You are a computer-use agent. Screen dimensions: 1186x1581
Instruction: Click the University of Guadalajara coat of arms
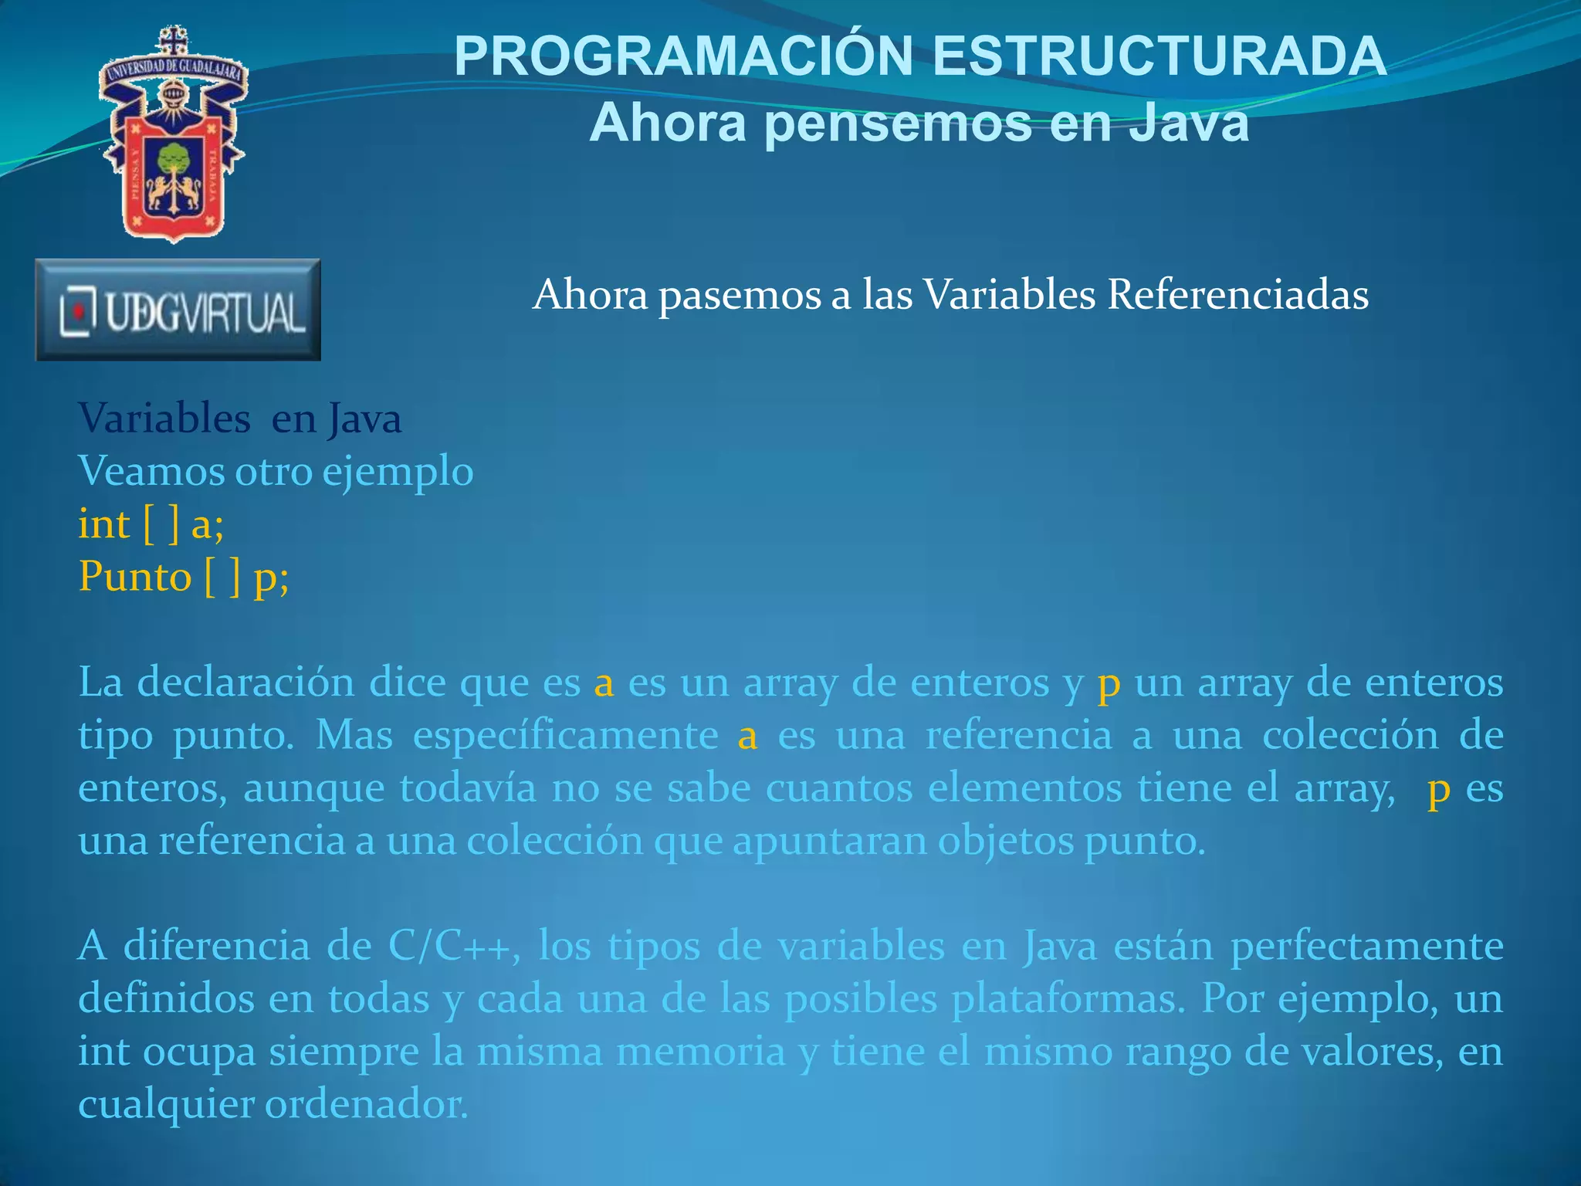tap(173, 135)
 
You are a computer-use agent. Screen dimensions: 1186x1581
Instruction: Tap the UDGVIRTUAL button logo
tap(178, 310)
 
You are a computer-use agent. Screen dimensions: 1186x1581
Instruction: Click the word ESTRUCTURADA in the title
tap(1160, 56)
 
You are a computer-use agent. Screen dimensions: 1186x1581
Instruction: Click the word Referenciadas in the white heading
tap(1237, 294)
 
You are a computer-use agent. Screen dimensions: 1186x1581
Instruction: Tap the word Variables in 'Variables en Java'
tap(164, 419)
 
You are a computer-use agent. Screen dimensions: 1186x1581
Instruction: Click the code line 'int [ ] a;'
tap(151, 524)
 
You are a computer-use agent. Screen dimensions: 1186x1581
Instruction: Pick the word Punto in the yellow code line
tap(135, 577)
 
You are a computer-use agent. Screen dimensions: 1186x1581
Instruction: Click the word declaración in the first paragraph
tap(245, 683)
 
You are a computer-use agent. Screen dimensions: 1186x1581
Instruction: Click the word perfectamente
tap(1366, 946)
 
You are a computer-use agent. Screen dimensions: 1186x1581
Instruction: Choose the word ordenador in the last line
tap(367, 1104)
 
